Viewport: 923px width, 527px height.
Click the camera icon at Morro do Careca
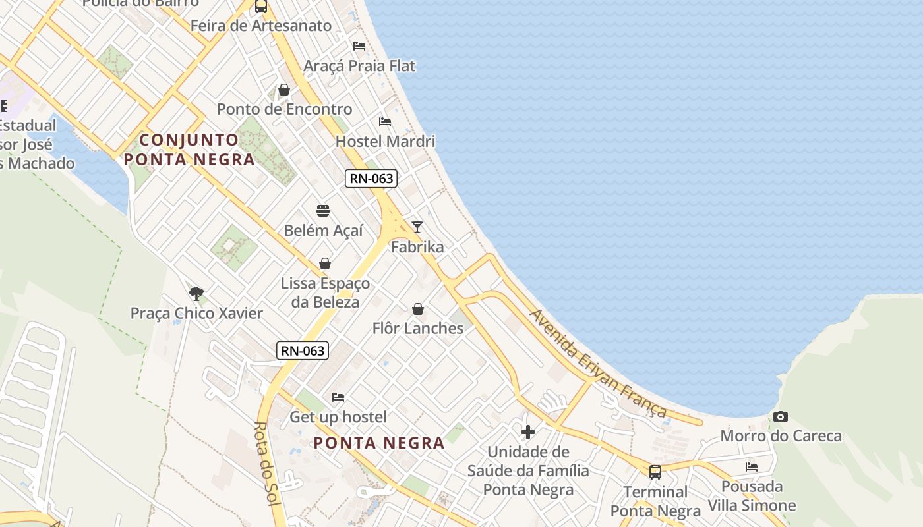[x=781, y=416]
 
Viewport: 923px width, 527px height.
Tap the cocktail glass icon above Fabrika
[x=417, y=227]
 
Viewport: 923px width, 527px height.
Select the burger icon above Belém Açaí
[x=323, y=211]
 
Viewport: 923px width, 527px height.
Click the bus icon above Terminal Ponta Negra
[x=655, y=472]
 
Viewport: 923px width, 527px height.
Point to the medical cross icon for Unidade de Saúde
[x=528, y=432]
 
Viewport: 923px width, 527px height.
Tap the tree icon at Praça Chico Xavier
[x=196, y=294]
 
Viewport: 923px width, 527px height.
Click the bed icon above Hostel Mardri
[x=385, y=122]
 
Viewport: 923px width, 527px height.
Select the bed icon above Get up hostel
[x=338, y=397]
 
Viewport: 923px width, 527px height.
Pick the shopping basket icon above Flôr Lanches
[x=418, y=308]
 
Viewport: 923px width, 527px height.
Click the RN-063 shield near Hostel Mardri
[x=371, y=178]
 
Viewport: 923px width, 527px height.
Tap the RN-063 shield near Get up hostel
[x=303, y=350]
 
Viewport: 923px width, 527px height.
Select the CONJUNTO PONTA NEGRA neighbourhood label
[x=189, y=150]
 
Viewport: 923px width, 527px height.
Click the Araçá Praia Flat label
[x=359, y=66]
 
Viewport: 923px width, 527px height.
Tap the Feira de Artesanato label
[x=260, y=26]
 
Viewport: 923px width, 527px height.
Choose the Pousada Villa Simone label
[x=752, y=496]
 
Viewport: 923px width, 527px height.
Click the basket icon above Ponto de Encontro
[x=284, y=90]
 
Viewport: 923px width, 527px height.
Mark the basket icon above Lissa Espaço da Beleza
[x=325, y=263]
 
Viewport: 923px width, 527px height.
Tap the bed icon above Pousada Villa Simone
[x=752, y=467]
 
